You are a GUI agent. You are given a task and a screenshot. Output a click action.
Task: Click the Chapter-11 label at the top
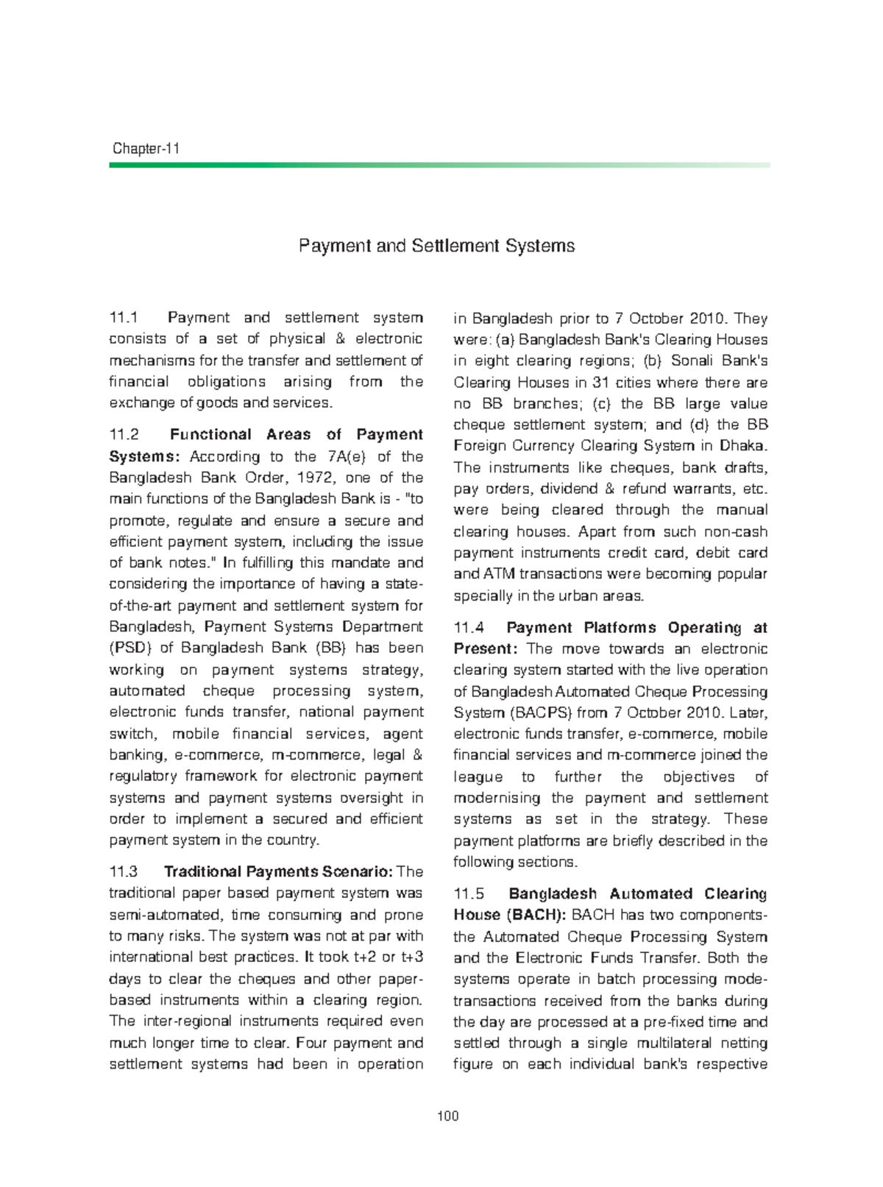click(146, 149)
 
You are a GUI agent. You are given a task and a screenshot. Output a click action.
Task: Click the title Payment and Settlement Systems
click(436, 246)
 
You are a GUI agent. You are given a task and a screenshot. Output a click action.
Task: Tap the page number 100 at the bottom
click(447, 1116)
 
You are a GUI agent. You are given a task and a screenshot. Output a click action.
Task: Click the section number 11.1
click(124, 318)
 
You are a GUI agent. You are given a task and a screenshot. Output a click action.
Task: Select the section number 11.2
click(124, 435)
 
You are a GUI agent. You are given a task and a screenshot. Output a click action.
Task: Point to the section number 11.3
click(124, 872)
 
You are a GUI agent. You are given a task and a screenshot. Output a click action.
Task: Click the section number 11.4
click(469, 628)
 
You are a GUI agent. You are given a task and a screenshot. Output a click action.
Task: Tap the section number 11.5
click(469, 894)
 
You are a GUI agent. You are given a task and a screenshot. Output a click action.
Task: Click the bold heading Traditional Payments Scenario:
click(279, 872)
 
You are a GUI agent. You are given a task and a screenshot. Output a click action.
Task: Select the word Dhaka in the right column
click(744, 446)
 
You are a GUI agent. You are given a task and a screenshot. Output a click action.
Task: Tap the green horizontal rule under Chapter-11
click(439, 166)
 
